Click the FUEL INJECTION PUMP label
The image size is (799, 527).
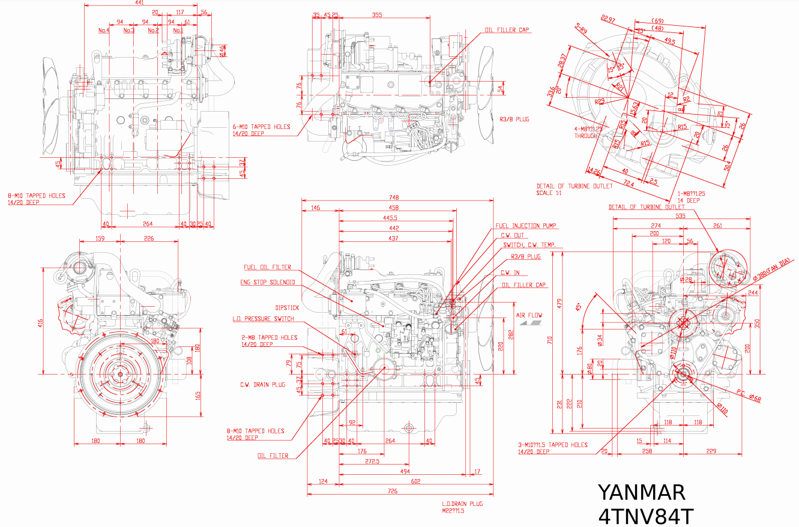(526, 226)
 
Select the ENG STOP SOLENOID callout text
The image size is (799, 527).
(268, 282)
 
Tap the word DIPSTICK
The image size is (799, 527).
(287, 307)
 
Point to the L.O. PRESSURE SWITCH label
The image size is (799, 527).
(263, 319)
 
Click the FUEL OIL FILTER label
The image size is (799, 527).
(267, 268)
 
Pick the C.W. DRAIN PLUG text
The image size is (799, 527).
(263, 385)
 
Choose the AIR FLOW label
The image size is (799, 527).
(529, 315)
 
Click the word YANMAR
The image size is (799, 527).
(641, 493)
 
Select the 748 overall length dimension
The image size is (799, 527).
(394, 197)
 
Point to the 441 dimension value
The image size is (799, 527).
(139, 3)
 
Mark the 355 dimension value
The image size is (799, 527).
(377, 15)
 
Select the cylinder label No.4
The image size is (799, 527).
(104, 30)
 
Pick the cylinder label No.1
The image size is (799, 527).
(178, 30)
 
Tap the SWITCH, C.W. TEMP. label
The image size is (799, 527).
(528, 245)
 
